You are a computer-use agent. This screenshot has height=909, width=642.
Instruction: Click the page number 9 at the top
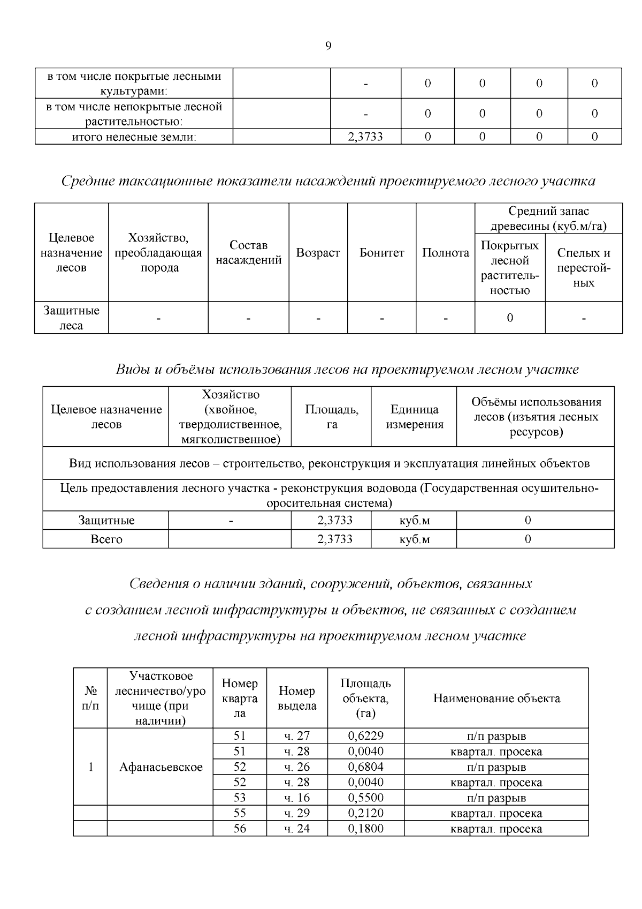[x=328, y=46]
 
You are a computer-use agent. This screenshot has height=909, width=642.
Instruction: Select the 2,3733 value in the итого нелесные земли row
[x=365, y=137]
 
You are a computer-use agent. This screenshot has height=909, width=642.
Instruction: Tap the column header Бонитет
[x=381, y=253]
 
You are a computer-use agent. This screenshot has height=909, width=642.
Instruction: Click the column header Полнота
[x=445, y=253]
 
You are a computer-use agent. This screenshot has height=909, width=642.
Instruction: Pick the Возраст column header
[x=318, y=253]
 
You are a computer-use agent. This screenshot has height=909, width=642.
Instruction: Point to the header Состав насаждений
[x=248, y=253]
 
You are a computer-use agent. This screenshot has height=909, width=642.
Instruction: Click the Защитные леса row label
[x=71, y=318]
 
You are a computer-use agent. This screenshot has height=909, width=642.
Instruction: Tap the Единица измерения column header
[x=414, y=417]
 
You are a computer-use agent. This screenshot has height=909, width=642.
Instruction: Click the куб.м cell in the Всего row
[x=414, y=539]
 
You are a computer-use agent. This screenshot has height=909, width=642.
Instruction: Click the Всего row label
[x=106, y=539]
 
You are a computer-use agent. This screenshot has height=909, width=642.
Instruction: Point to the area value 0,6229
[x=365, y=736]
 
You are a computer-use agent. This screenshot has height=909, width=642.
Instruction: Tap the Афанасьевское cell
[x=160, y=767]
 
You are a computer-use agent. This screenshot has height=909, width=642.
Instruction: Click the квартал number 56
[x=240, y=829]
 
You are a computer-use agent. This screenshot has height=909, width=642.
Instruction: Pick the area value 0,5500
[x=365, y=798]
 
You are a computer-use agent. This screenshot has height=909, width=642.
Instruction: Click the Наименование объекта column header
[x=496, y=698]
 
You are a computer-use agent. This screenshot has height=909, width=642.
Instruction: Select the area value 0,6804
[x=365, y=767]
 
